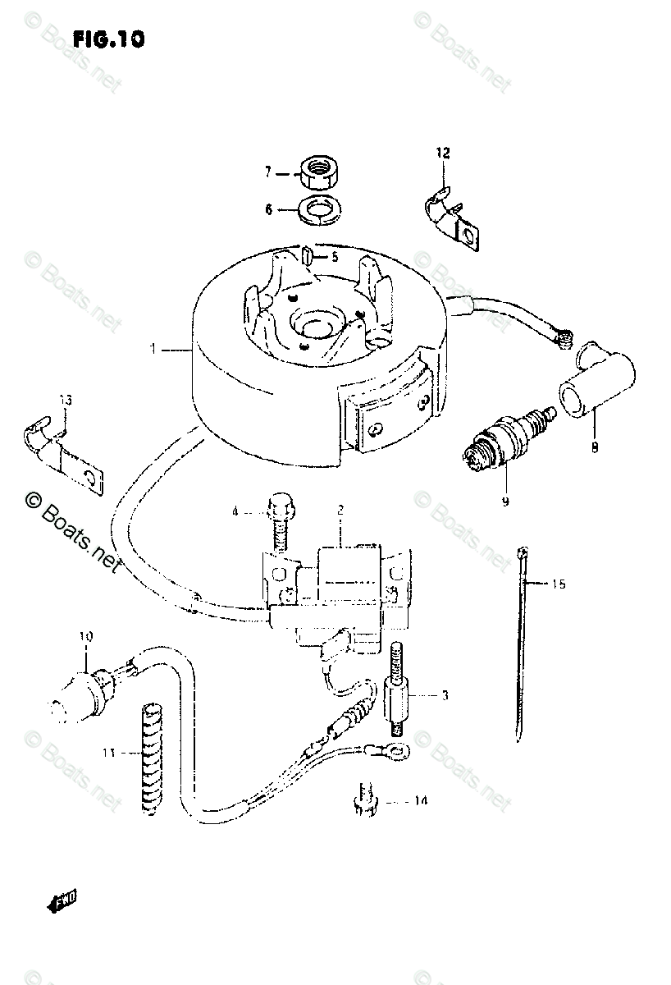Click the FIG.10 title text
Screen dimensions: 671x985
pyautogui.click(x=108, y=39)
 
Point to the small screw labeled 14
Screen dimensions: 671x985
pyautogui.click(x=365, y=800)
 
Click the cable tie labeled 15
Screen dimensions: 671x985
pyautogui.click(x=520, y=648)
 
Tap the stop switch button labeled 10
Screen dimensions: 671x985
pyautogui.click(x=83, y=689)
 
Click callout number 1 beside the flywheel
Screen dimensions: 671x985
pyautogui.click(x=153, y=350)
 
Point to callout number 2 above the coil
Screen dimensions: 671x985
pyautogui.click(x=339, y=510)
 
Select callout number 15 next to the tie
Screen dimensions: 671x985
pyautogui.click(x=558, y=584)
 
